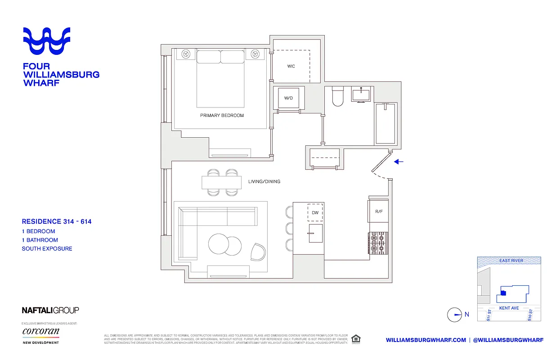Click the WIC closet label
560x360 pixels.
click(x=291, y=67)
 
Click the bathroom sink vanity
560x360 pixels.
click(x=361, y=95)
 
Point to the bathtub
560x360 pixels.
click(x=385, y=123)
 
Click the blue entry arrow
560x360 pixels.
click(x=399, y=162)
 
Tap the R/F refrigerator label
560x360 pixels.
click(x=378, y=211)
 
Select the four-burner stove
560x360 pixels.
click(x=378, y=243)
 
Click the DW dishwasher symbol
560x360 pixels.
click(x=315, y=212)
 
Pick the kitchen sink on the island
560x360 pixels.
click(x=315, y=234)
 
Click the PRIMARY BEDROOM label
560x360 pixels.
click(x=222, y=116)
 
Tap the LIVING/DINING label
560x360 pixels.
click(x=264, y=182)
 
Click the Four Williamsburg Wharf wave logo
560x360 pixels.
click(x=47, y=41)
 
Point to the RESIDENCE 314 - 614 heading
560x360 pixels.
click(x=57, y=221)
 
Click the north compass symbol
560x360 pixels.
click(x=455, y=315)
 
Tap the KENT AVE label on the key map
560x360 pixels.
click(x=509, y=308)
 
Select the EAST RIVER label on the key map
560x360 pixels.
click(x=511, y=261)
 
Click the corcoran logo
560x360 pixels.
click(x=41, y=332)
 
